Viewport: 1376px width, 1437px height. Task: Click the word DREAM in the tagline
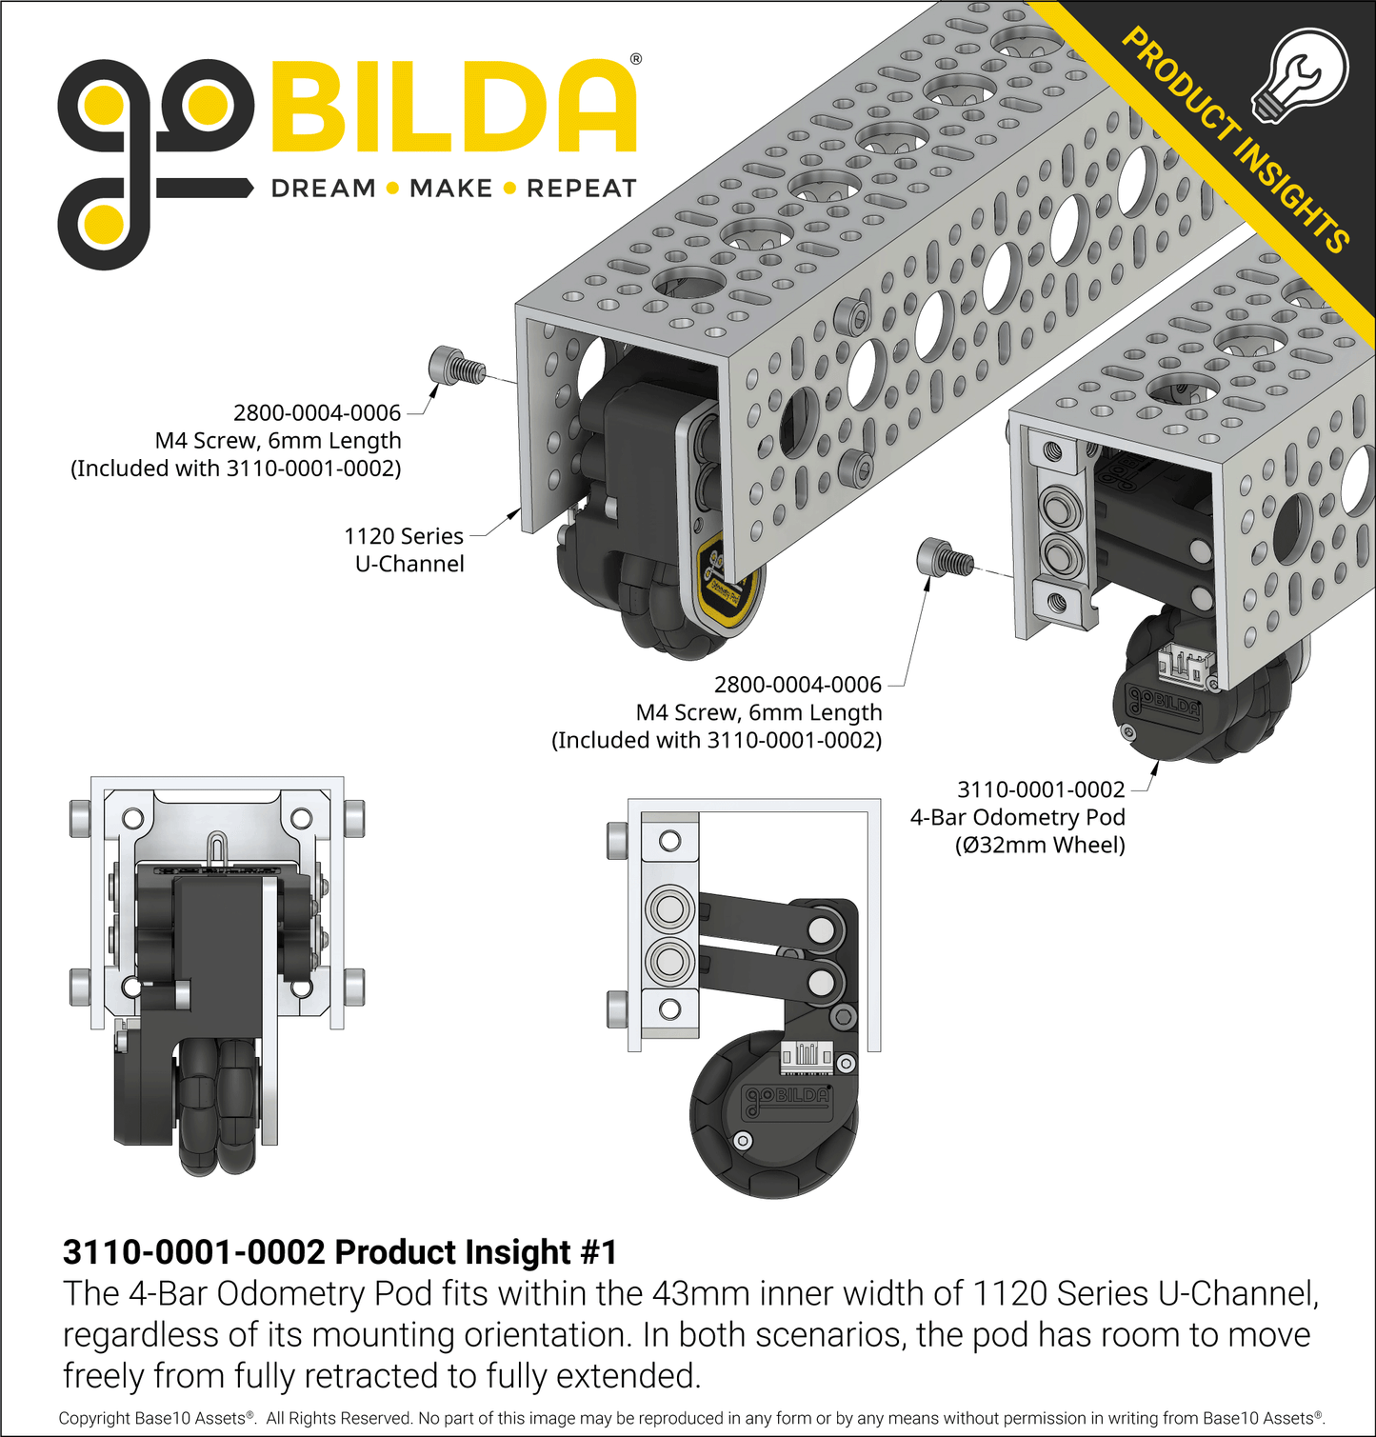[324, 189]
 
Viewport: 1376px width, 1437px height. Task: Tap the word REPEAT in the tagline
[581, 189]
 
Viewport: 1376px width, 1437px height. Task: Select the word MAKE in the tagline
[450, 189]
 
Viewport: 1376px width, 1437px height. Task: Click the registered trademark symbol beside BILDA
[636, 59]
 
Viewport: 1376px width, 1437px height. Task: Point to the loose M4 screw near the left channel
[455, 366]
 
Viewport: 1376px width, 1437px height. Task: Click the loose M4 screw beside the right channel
[943, 557]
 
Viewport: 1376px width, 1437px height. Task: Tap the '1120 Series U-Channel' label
[405, 549]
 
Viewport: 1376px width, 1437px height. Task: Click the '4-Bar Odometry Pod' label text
[1017, 817]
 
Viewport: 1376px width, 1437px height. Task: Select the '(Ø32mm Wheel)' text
[1040, 845]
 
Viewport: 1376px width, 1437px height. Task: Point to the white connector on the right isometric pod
[1186, 664]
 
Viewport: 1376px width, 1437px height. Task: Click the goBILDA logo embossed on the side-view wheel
[788, 1097]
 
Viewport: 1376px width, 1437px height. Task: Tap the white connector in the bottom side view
[807, 1054]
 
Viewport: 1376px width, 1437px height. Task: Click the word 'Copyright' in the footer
[94, 1418]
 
